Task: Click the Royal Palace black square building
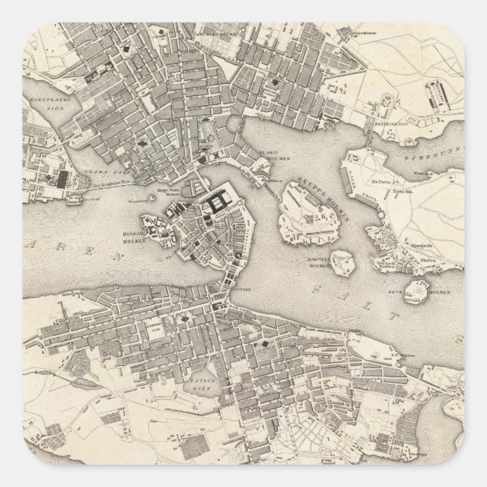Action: tap(221, 200)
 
